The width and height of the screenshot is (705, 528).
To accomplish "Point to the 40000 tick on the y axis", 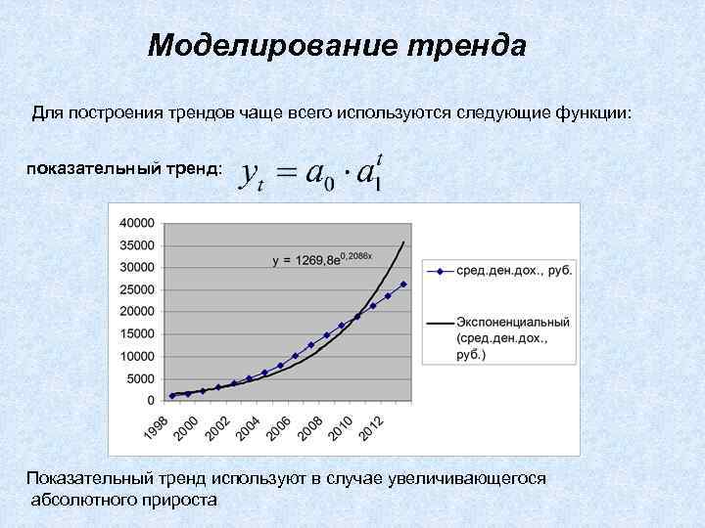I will [x=136, y=222].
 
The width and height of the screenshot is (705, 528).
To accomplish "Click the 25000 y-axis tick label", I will [x=136, y=289].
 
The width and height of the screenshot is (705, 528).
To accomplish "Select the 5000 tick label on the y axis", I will [x=140, y=378].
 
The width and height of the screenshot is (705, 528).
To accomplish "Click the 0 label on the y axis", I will [x=150, y=400].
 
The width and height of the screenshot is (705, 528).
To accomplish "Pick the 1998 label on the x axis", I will [x=155, y=427].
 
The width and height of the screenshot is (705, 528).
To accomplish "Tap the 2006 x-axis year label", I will [x=278, y=427].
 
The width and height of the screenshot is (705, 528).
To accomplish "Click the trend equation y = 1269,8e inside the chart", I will [x=307, y=259].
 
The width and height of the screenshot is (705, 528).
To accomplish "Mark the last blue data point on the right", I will [x=403, y=285].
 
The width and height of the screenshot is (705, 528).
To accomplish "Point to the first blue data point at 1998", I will [x=172, y=396].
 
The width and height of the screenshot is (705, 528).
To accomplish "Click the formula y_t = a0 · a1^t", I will [x=312, y=173].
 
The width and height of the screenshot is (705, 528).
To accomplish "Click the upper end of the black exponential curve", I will [x=403, y=242].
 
